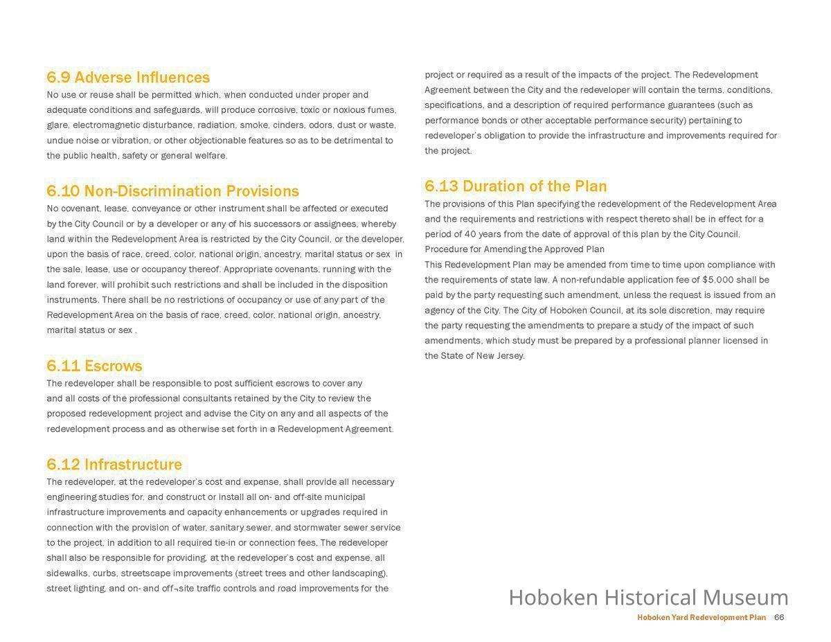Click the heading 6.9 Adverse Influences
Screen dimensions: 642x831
128,77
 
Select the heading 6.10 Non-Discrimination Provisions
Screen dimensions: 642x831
172,191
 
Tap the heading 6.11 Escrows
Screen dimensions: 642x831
94,366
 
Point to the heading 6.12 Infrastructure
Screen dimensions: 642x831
114,464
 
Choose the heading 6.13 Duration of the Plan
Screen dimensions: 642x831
515,186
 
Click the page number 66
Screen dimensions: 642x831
779,617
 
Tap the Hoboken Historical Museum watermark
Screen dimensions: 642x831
648,597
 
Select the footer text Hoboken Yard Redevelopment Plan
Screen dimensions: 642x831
701,617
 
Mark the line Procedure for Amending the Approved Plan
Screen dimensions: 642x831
515,249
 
